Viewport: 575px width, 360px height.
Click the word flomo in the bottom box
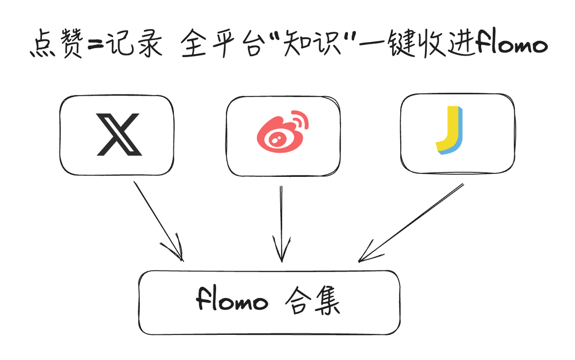[232, 301]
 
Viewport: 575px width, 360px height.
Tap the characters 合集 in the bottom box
[313, 301]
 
